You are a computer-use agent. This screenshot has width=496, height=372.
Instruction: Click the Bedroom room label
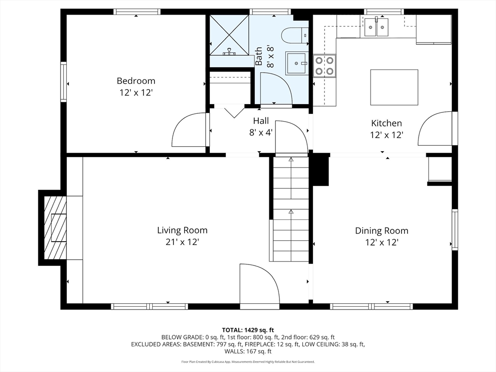pos(136,81)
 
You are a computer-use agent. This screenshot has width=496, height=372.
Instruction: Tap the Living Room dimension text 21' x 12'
pos(182,242)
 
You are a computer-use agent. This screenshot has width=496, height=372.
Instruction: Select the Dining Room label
pos(382,231)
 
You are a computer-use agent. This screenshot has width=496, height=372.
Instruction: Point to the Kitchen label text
pos(387,123)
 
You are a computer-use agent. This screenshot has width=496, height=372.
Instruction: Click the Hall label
pos(261,121)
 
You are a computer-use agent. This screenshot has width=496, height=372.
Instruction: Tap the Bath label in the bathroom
pos(259,56)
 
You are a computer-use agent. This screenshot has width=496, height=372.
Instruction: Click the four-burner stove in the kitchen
pos(325,66)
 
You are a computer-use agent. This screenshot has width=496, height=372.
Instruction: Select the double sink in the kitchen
pos(376,27)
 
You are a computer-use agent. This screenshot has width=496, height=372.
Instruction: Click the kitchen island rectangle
pos(394,87)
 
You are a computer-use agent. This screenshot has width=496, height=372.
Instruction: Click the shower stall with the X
pos(229,35)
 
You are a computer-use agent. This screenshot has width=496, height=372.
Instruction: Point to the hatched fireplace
pos(55,228)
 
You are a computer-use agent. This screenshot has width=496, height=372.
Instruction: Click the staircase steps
pos(291,209)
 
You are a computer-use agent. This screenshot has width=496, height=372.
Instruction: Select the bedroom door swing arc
pos(189,129)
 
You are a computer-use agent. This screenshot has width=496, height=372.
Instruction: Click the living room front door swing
pos(260,283)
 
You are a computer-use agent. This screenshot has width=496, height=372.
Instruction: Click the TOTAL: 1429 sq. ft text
pos(248,330)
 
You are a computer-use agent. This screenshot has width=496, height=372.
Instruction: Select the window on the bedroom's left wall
pos(63,81)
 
